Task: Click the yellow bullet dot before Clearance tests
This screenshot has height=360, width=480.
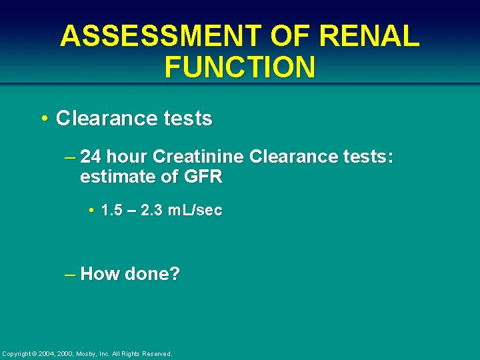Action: (x=43, y=119)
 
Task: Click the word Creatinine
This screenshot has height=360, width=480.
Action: (x=197, y=157)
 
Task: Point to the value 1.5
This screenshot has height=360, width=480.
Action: (x=111, y=211)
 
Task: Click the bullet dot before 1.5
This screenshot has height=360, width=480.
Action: (x=90, y=211)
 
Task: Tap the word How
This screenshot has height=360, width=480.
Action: (x=99, y=274)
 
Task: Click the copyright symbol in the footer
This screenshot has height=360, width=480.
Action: (x=35, y=353)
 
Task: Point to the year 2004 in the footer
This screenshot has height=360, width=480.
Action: (x=47, y=353)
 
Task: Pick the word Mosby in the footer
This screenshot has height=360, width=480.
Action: (x=88, y=353)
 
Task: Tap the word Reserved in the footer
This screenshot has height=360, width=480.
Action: (x=157, y=353)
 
